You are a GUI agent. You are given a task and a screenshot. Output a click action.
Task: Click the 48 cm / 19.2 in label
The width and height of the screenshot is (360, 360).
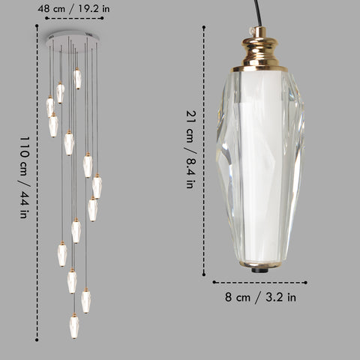[73, 9]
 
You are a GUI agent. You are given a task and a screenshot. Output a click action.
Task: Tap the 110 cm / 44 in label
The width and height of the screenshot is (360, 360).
[25, 177]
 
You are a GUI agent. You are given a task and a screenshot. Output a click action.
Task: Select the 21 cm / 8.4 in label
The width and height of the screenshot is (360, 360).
[191, 149]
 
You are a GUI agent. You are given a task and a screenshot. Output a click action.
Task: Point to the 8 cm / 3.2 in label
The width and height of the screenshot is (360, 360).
[260, 297]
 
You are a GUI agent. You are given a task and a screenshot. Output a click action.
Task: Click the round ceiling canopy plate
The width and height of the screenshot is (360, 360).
[73, 41]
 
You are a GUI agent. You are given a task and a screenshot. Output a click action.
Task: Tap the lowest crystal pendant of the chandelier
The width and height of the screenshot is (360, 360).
[74, 325]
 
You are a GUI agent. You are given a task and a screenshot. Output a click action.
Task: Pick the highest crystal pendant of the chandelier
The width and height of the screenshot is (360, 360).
[77, 79]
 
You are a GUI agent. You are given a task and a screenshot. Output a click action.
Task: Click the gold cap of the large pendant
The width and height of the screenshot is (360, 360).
[260, 49]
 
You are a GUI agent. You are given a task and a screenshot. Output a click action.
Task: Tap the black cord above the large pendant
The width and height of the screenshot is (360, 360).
[258, 13]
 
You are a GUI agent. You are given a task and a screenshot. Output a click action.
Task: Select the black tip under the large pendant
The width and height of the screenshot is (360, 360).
[260, 270]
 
